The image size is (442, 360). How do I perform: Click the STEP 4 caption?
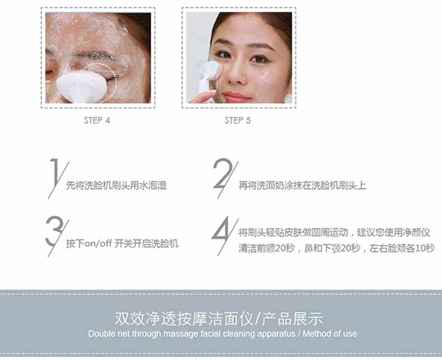click(97, 120)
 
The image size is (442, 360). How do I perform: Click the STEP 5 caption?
click(238, 120)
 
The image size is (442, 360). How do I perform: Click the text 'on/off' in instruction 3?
click(98, 244)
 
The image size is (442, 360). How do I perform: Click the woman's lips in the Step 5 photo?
click(236, 97)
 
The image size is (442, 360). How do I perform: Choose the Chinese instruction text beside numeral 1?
click(116, 186)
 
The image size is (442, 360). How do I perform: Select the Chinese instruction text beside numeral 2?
click(302, 186)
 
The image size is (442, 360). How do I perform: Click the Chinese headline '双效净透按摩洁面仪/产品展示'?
click(218, 319)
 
